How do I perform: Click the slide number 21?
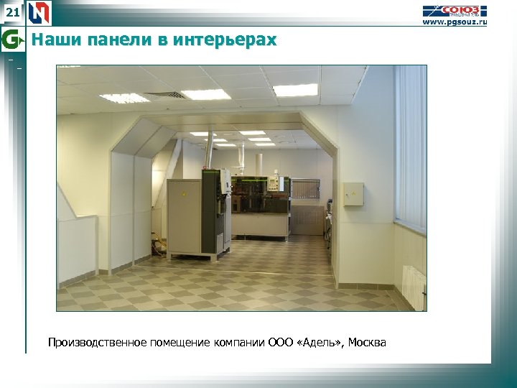tap(11, 12)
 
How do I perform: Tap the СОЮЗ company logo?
tap(455, 10)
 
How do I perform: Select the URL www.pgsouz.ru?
tap(454, 22)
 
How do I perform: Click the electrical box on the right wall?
tap(353, 194)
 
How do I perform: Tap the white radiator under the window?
tap(414, 287)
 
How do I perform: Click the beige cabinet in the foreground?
tap(184, 217)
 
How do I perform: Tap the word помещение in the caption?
tap(180, 343)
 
